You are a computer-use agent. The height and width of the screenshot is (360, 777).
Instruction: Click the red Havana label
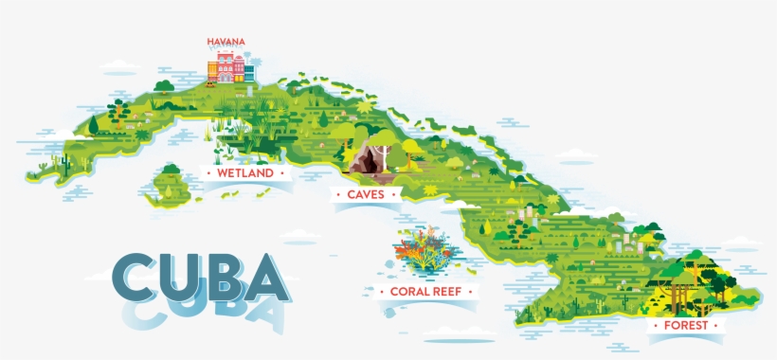tap(226, 42)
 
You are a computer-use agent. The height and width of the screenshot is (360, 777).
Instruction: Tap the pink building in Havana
tap(225, 65)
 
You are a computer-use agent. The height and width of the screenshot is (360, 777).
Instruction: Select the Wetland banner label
tap(244, 173)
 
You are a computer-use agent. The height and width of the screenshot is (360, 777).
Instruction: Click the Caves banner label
tap(365, 194)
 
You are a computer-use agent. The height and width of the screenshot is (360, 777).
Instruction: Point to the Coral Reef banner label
tap(425, 292)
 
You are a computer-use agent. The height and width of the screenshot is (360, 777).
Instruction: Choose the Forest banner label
tap(685, 325)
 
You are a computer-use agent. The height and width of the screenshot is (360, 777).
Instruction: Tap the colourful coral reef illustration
tap(425, 249)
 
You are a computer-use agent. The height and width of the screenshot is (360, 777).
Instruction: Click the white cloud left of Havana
tap(120, 65)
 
